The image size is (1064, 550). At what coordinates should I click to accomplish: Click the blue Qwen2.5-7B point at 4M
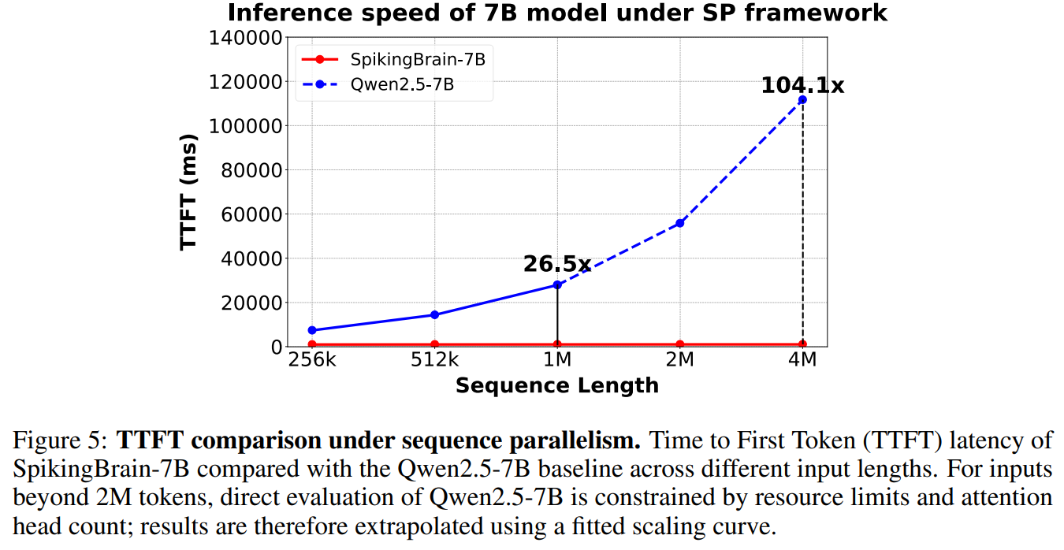[x=802, y=100]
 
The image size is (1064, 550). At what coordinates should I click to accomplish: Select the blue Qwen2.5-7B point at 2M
[x=679, y=223]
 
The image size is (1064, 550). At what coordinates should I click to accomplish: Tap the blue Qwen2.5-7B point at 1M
[x=557, y=284]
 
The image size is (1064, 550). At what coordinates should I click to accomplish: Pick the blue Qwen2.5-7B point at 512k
[x=434, y=314]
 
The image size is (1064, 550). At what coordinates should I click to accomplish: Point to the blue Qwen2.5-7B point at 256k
[x=312, y=330]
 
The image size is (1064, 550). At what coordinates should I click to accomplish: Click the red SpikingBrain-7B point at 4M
[x=802, y=344]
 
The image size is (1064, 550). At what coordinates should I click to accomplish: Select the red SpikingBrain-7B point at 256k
[x=312, y=344]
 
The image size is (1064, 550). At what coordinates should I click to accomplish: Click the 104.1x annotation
[x=802, y=85]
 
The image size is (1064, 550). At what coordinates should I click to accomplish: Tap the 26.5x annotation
[x=556, y=264]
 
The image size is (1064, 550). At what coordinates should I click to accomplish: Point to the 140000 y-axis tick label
[x=244, y=38]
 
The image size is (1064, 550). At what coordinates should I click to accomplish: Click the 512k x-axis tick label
[x=434, y=360]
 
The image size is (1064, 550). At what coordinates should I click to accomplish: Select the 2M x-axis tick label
[x=679, y=360]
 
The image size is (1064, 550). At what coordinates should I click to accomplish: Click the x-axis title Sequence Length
[x=556, y=385]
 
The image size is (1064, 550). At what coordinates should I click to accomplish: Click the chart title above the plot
[x=556, y=13]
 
